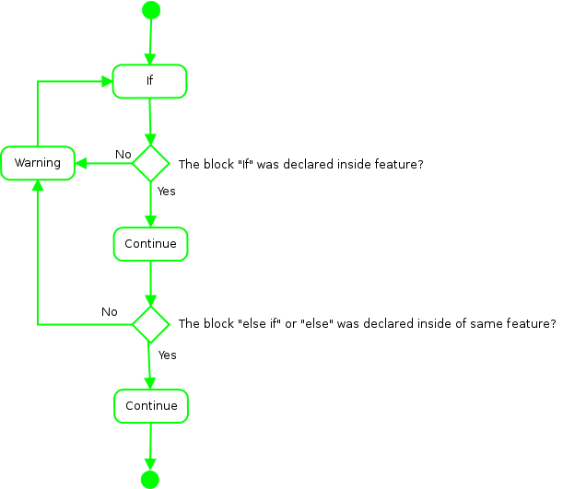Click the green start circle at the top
pos(151,10)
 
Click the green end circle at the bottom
pos(150,479)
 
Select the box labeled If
pos(150,81)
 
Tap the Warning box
pos(37,163)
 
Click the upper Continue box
pos(150,244)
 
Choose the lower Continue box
pos(151,406)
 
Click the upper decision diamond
pos(150,164)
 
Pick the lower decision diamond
pos(150,324)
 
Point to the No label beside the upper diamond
pos(123,153)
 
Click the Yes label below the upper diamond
pos(167,192)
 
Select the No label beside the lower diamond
pos(110,312)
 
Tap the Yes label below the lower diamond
pos(167,355)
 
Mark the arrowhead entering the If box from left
pos(107,81)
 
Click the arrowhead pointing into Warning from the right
pos(80,164)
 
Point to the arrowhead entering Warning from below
pos(37,185)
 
